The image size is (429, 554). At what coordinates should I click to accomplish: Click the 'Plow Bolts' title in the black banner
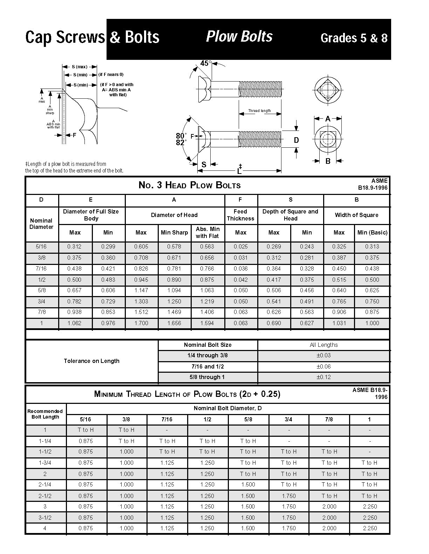239,36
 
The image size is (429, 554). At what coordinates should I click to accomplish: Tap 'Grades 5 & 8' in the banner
354,38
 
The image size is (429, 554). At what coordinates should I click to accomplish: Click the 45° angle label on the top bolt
206,63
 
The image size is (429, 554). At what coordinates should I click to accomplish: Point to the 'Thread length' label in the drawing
259,111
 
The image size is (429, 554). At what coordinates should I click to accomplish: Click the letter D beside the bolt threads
296,140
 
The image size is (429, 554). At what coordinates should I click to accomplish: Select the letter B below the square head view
328,161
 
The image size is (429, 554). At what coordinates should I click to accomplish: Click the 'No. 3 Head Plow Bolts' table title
190,185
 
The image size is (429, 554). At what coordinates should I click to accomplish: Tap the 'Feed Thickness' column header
240,215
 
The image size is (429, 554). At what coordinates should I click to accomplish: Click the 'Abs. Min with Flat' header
207,232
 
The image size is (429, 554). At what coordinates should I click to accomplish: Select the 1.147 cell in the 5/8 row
141,290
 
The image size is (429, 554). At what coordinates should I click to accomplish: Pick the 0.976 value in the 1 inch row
108,323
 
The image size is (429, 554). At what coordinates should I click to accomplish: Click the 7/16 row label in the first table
41,268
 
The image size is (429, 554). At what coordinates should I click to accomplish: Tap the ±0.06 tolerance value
324,366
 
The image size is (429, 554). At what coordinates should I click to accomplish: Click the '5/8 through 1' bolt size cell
207,377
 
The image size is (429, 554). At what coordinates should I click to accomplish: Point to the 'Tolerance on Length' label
91,361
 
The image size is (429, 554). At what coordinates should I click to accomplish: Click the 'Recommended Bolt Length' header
45,414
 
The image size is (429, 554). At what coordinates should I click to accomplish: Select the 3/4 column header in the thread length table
288,419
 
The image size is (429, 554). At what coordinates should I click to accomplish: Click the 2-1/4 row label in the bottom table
45,484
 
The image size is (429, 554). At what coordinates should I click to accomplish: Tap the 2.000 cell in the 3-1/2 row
329,517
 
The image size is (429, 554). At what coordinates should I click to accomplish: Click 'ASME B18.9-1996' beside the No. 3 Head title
373,184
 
